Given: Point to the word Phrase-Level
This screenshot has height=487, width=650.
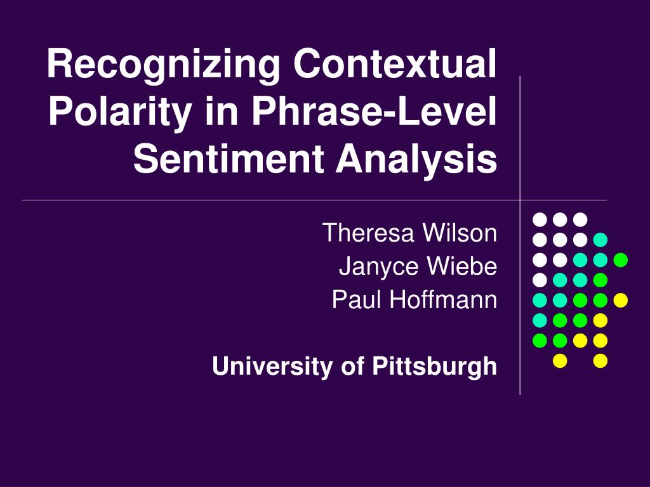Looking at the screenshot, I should pyautogui.click(x=373, y=112).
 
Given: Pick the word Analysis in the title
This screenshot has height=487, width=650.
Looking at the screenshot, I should pyautogui.click(x=416, y=159).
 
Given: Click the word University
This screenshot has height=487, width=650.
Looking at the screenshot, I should pyautogui.click(x=262, y=366).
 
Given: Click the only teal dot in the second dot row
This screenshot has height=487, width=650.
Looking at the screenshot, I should pyautogui.click(x=600, y=240).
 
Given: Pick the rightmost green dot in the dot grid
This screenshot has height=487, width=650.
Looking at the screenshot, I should pyautogui.click(x=620, y=259).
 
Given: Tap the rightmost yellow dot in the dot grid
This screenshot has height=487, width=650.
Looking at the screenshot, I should pyautogui.click(x=620, y=300).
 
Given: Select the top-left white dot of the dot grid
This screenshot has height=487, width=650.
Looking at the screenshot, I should pyautogui.click(x=540, y=219).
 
